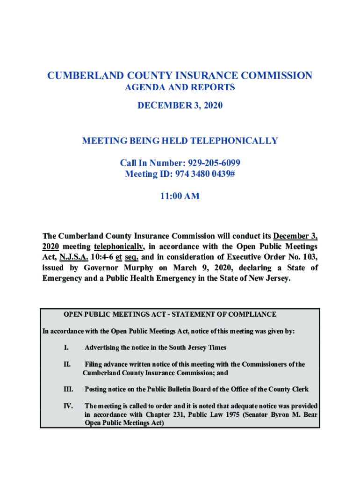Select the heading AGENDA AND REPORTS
click(180, 87)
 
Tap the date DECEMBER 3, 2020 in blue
click(180, 106)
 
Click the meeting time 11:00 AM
click(180, 196)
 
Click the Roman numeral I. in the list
click(66, 348)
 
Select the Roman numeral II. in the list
click(67, 364)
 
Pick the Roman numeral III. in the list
click(68, 389)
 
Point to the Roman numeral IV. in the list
click(68, 406)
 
